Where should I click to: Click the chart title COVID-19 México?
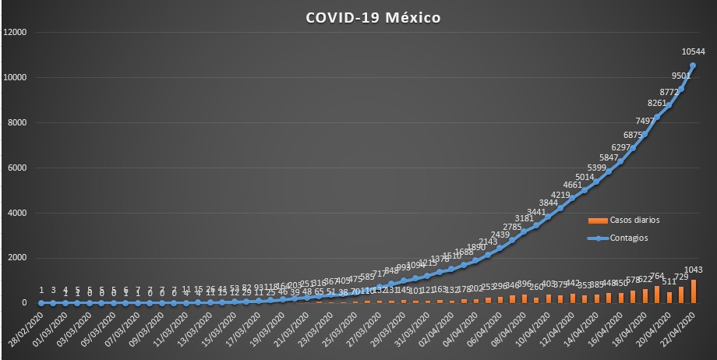[374, 16]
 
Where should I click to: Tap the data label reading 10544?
[694, 52]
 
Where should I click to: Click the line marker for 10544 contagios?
[694, 65]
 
